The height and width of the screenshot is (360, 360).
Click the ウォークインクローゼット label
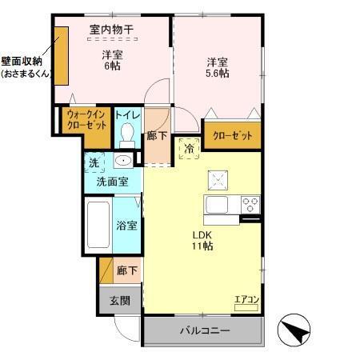tap(83, 121)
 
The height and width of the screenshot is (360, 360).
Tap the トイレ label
tap(127, 116)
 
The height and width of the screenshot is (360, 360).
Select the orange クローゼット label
tap(232, 136)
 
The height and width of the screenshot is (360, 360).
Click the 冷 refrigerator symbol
tap(190, 149)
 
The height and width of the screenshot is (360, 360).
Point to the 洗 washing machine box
tap(94, 162)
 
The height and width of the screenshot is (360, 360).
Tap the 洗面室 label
tap(113, 182)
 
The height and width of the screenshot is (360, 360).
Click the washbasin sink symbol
tap(122, 162)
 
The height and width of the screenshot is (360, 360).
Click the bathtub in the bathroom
tap(100, 226)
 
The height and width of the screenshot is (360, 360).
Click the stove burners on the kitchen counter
tap(251, 202)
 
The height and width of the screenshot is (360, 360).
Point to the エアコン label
tap(246, 301)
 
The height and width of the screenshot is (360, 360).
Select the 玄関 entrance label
tap(120, 301)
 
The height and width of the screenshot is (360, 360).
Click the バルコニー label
tap(204, 330)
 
